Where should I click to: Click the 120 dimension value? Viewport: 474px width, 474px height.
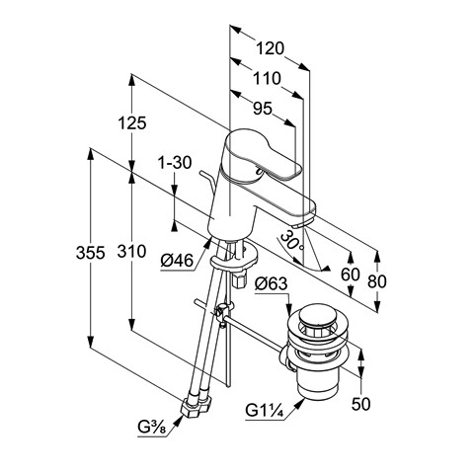tap(270, 48)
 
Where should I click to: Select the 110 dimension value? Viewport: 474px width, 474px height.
tap(267, 79)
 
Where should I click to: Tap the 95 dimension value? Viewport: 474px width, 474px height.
tap(263, 109)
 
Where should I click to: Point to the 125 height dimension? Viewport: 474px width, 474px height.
tap(132, 123)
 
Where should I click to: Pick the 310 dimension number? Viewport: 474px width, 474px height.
tap(131, 252)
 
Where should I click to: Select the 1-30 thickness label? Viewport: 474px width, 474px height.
tap(175, 163)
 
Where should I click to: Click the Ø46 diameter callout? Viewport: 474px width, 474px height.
tap(177, 261)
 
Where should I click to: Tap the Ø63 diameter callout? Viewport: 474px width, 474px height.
tap(271, 284)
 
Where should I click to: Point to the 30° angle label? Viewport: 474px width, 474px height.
tap(291, 240)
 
